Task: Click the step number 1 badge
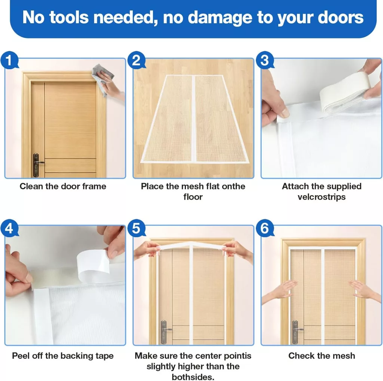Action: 9,60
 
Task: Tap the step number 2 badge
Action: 137,60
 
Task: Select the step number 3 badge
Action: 265,60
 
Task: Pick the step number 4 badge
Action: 9,228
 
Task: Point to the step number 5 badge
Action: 137,228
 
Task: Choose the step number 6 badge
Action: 265,228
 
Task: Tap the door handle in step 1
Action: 37,165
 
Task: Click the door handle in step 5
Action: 165,332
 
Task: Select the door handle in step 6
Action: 296,332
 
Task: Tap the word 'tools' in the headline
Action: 69,17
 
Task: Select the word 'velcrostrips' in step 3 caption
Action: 321,197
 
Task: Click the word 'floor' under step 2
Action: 193,197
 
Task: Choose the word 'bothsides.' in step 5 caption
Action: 193,377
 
